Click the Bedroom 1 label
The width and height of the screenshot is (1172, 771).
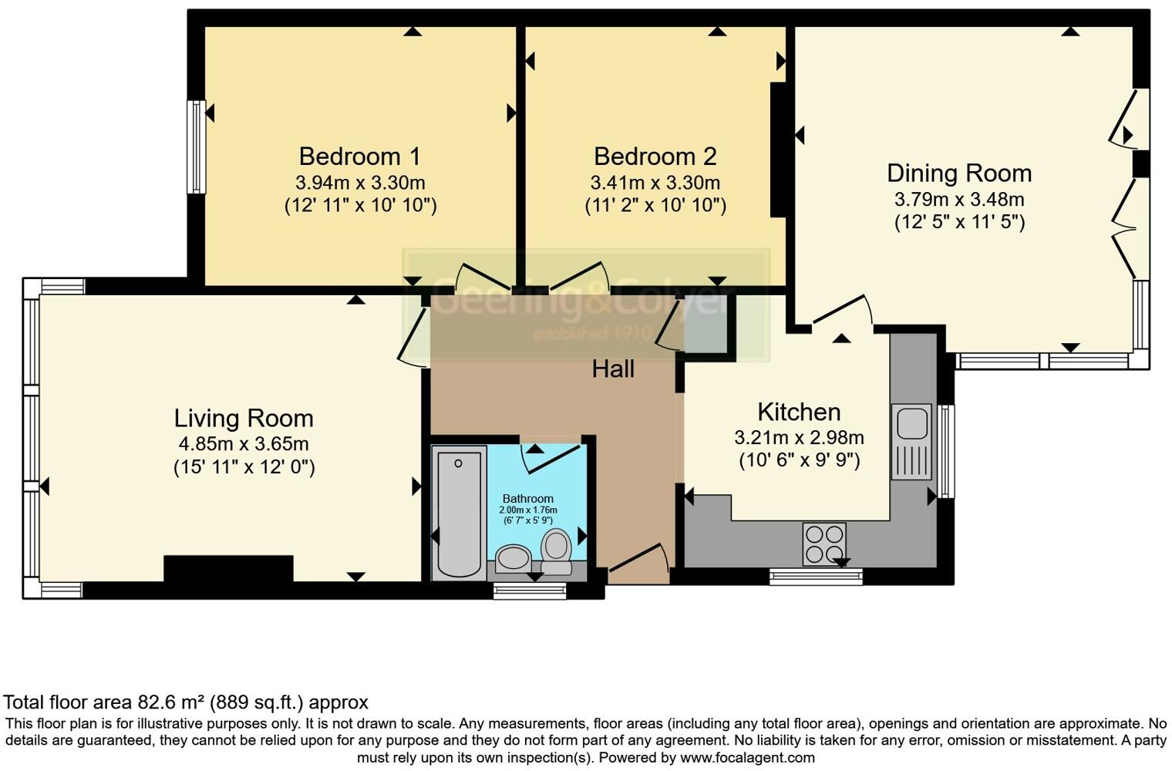tap(359, 157)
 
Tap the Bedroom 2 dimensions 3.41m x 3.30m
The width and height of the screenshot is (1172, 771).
tap(655, 183)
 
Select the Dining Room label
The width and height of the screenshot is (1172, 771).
tap(958, 173)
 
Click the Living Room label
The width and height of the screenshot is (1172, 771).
tap(244, 418)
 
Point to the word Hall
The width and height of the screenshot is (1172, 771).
tap(613, 369)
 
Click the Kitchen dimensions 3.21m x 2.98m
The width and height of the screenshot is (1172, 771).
tap(799, 438)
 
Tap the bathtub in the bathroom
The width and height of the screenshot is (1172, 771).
tap(459, 513)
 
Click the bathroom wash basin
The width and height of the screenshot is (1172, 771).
tap(513, 557)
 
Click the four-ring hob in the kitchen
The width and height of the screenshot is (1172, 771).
tap(824, 543)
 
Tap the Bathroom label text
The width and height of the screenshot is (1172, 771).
tap(528, 499)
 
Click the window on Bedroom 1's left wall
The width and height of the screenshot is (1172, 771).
tap(197, 146)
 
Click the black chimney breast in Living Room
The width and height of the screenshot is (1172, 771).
tap(228, 568)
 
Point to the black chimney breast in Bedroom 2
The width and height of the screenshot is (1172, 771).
tap(778, 150)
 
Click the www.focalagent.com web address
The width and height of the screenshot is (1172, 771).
tap(747, 757)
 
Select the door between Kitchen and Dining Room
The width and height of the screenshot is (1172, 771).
tap(842, 312)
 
